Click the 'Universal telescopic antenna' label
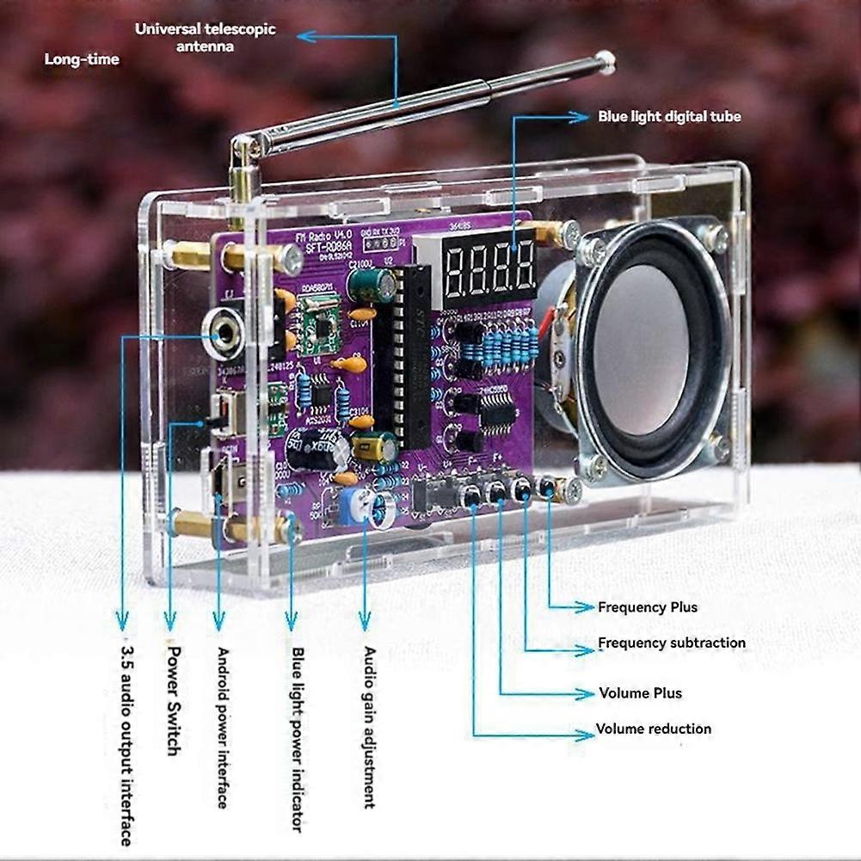point(205,37)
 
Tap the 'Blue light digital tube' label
point(669,116)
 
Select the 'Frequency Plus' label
point(648,607)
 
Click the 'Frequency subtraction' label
point(672,643)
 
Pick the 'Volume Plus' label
point(641,693)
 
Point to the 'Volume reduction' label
point(654,729)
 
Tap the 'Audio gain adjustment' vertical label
point(369,727)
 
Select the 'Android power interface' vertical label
point(222,727)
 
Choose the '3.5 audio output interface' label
point(126,743)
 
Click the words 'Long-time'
point(82,59)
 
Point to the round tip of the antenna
point(605,60)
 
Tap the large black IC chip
point(404,357)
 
